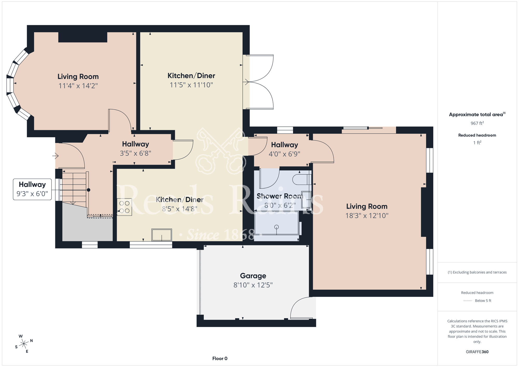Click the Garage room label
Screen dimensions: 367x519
(253, 276)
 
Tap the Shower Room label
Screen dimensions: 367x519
(280, 196)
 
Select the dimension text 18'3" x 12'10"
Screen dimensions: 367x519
(367, 216)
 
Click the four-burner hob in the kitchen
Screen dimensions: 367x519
(124, 207)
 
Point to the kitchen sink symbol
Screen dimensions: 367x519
(161, 235)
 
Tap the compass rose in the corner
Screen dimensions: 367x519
(24, 344)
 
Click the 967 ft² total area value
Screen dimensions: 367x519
(477, 123)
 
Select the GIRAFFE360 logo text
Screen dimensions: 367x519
(477, 352)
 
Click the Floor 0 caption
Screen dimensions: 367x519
(220, 358)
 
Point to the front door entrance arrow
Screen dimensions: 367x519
(55, 156)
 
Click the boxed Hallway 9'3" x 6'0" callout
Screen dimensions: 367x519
(32, 189)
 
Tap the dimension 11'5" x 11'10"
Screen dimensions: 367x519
(191, 85)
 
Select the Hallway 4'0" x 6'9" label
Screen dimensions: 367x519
(284, 149)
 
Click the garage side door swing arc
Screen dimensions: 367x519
(298, 306)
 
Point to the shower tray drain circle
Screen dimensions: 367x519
(276, 227)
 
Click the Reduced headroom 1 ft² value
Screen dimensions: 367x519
(477, 143)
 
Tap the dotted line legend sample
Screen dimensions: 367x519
(468, 301)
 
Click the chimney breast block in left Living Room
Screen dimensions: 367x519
(83, 37)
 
